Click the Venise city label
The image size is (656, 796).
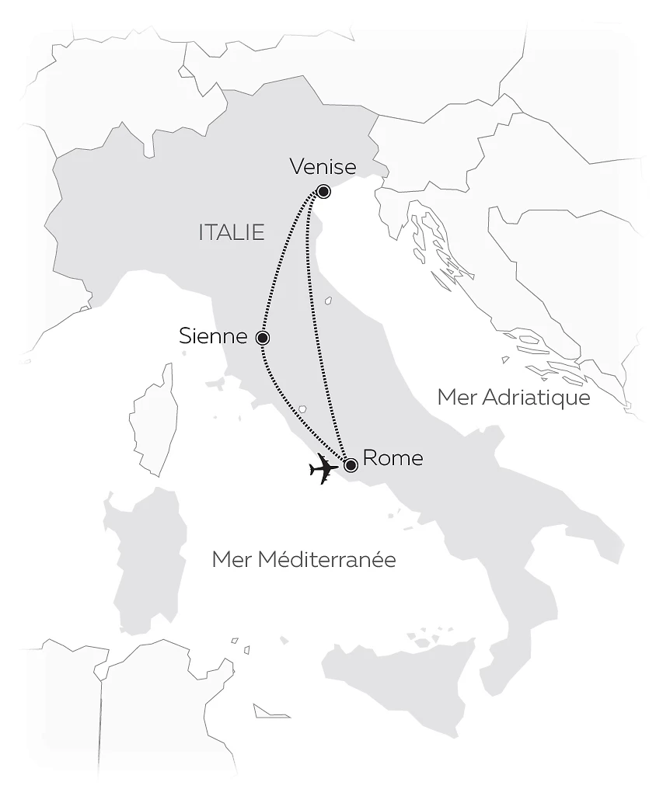(322, 167)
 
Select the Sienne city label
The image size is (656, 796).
(213, 337)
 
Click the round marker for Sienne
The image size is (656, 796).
(263, 338)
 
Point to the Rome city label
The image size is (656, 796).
(393, 458)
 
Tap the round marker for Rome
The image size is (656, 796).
(351, 465)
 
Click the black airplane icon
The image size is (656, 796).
(323, 469)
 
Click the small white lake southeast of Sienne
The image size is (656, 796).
(303, 408)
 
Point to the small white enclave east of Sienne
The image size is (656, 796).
(329, 300)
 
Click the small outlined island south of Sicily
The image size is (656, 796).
(272, 711)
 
